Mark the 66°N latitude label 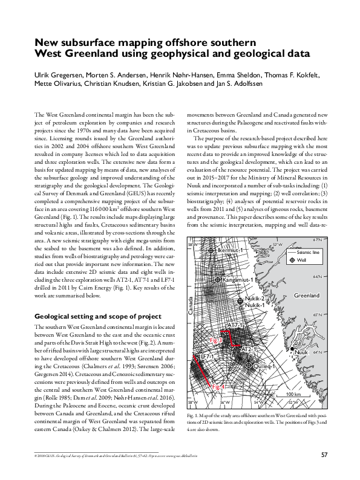point(318,277)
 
